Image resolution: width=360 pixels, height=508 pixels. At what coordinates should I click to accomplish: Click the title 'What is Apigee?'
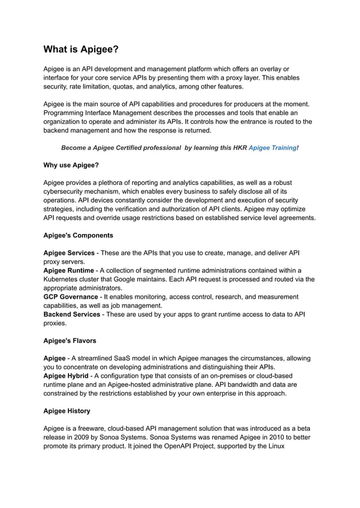81,50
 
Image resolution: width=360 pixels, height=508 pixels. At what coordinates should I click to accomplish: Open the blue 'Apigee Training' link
272,147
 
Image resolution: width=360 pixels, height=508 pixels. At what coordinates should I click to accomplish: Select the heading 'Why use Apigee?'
71,165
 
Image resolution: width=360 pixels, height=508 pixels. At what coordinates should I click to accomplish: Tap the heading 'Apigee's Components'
78,235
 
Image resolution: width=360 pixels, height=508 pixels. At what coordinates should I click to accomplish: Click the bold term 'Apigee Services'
69,253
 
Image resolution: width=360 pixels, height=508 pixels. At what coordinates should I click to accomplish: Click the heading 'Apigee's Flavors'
69,341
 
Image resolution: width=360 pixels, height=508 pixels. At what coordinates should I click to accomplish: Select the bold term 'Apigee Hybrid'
66,376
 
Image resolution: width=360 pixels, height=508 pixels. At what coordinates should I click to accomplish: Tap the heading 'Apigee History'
67,411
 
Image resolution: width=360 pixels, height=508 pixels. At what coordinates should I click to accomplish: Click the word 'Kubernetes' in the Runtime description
63,279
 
